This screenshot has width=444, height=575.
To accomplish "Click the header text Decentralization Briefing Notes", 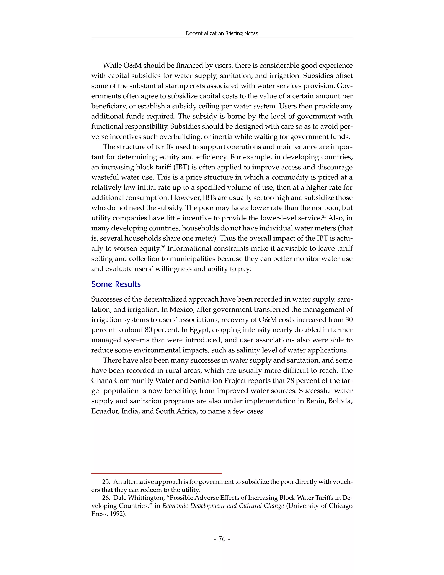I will [x=222, y=33].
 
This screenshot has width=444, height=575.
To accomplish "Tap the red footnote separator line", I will [x=157, y=474].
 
